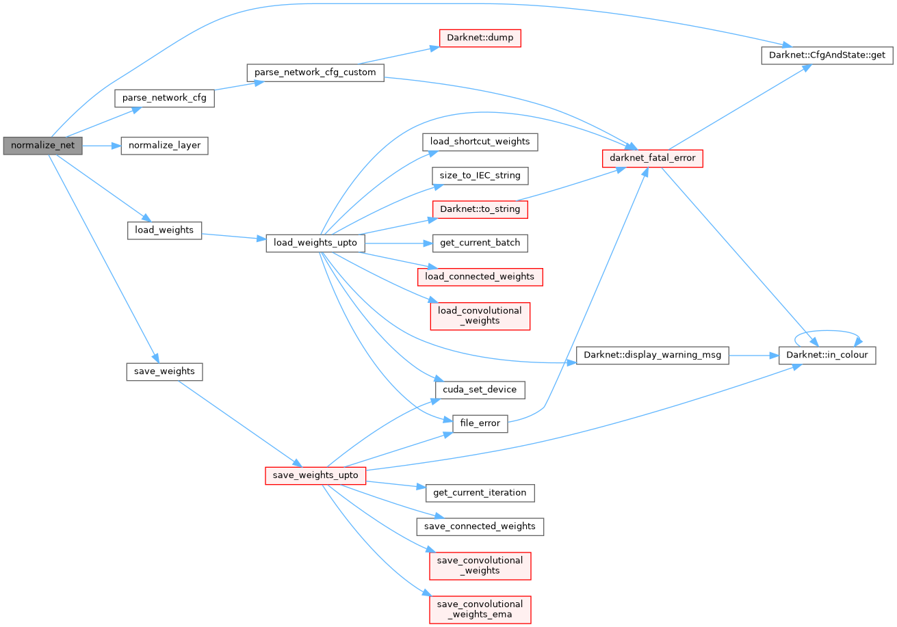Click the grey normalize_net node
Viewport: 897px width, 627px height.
[42, 146]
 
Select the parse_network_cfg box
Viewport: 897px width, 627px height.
[164, 98]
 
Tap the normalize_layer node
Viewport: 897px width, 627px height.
[164, 146]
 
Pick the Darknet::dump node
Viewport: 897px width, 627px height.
[479, 38]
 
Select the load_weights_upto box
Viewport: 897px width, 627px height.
[315, 243]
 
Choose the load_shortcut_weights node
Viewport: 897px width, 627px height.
[480, 142]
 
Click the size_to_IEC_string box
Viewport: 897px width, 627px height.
[480, 175]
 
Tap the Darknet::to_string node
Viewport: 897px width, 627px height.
[480, 209]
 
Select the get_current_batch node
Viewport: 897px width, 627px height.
[480, 243]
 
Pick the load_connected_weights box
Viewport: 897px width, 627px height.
[480, 276]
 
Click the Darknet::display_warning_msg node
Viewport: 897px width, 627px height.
[653, 355]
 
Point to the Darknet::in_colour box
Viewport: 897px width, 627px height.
[827, 355]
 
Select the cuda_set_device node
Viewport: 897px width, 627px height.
[480, 389]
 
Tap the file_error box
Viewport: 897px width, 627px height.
[480, 423]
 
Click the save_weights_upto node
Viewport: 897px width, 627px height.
[315, 475]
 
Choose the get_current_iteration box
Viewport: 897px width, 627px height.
[480, 492]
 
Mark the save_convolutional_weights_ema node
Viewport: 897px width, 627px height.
[480, 609]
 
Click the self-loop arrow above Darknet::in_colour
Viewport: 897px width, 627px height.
[827, 332]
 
